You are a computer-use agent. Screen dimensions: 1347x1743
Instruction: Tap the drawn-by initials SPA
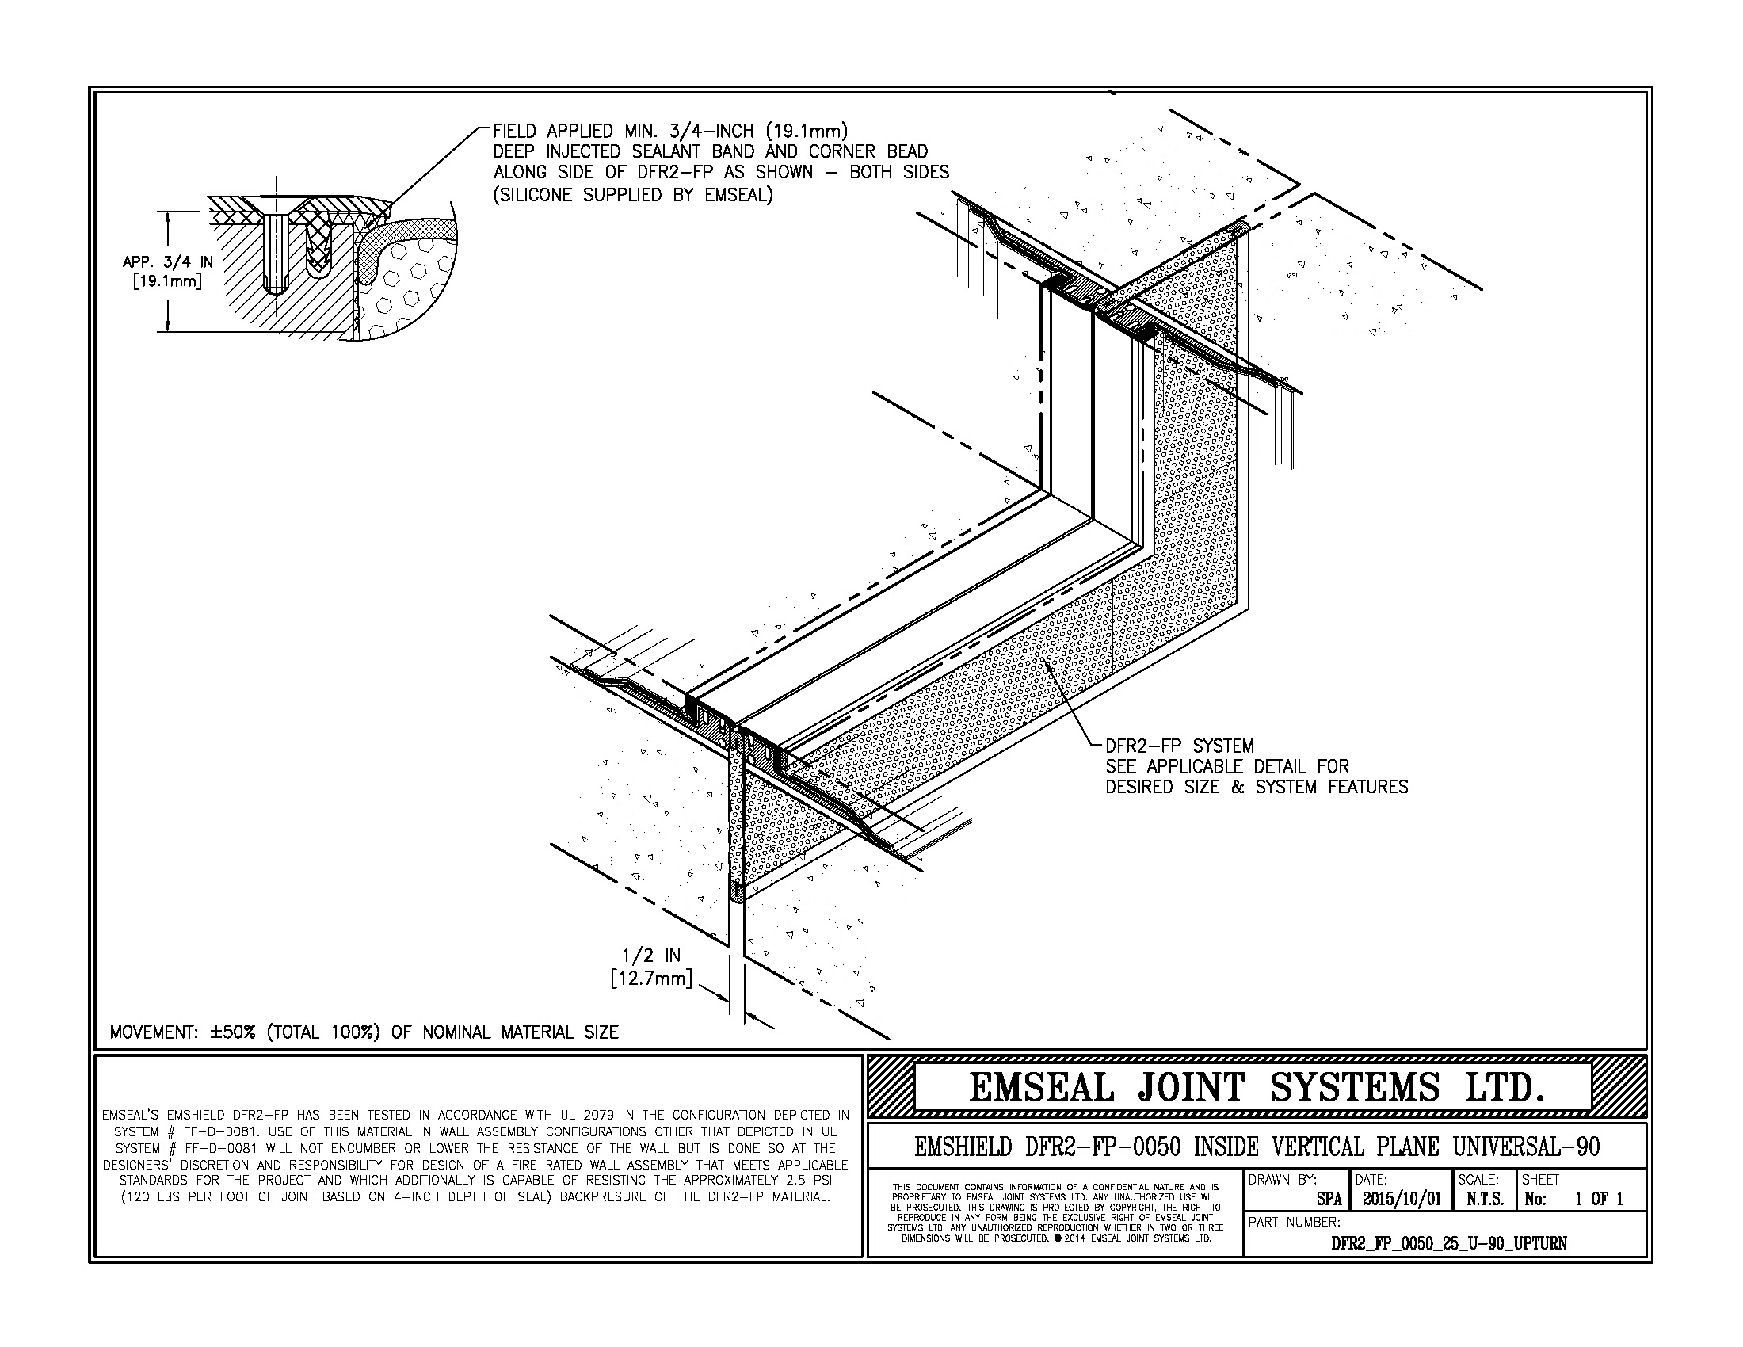(x=1328, y=1200)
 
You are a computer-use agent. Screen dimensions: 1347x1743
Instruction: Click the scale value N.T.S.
(x=1485, y=1200)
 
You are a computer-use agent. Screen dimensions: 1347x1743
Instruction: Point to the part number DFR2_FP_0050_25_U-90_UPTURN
(x=1448, y=1243)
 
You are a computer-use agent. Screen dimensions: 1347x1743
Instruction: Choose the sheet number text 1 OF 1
(x=1599, y=1200)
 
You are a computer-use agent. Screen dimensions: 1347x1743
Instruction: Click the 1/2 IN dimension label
(x=651, y=956)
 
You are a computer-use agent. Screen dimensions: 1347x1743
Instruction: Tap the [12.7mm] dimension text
(x=650, y=978)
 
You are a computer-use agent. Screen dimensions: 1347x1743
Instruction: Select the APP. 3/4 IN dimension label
(x=168, y=261)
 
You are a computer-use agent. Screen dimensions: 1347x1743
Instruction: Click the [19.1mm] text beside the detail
(x=167, y=281)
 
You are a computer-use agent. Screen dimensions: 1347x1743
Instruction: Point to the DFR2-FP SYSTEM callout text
(x=1179, y=746)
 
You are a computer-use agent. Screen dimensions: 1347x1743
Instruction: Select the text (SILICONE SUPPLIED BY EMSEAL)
(x=633, y=195)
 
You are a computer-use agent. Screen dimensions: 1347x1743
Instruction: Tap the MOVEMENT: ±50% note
(x=364, y=1032)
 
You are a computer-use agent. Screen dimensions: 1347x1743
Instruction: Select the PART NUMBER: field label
(x=1294, y=1222)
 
